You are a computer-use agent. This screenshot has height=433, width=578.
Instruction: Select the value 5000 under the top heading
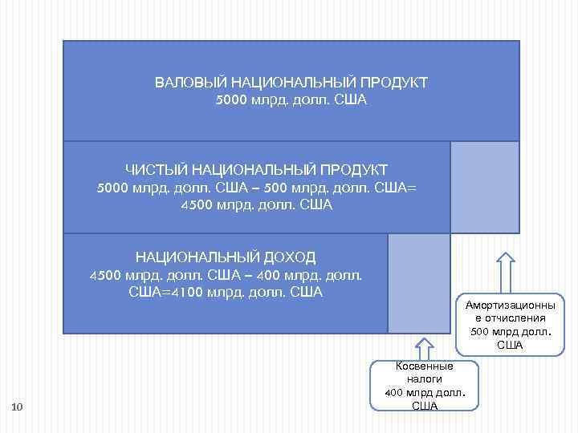(x=231, y=100)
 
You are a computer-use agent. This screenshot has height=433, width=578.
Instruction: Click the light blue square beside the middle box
(x=484, y=187)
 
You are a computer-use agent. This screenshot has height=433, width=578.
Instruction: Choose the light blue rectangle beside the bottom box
(x=418, y=283)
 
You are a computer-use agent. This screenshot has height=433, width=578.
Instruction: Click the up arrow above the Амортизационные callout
(x=505, y=272)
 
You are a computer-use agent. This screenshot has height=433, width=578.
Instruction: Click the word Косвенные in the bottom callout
(x=425, y=366)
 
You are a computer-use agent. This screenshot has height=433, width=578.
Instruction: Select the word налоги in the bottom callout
(x=425, y=379)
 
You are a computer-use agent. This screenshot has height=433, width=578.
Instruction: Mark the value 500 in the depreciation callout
(x=480, y=332)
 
